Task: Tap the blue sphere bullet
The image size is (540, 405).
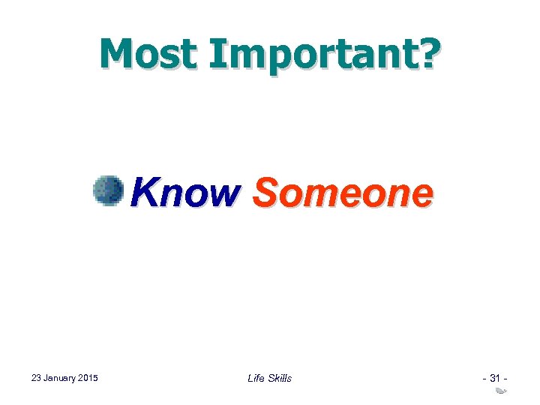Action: click(x=108, y=191)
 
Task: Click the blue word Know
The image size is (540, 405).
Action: click(x=183, y=193)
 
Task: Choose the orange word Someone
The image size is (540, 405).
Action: click(x=342, y=193)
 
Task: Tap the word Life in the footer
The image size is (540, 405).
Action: click(x=255, y=378)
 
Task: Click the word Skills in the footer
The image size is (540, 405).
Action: click(x=279, y=378)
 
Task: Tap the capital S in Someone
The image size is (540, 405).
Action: click(x=264, y=193)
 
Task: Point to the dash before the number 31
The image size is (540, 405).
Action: click(x=484, y=378)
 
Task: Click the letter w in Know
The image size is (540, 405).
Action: click(x=222, y=195)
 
